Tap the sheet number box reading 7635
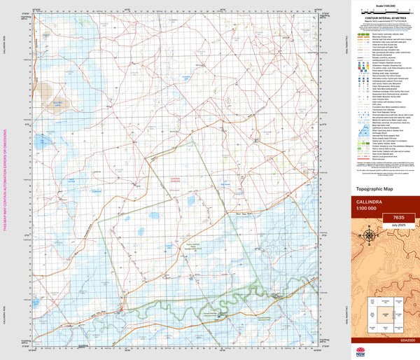point(397,218)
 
